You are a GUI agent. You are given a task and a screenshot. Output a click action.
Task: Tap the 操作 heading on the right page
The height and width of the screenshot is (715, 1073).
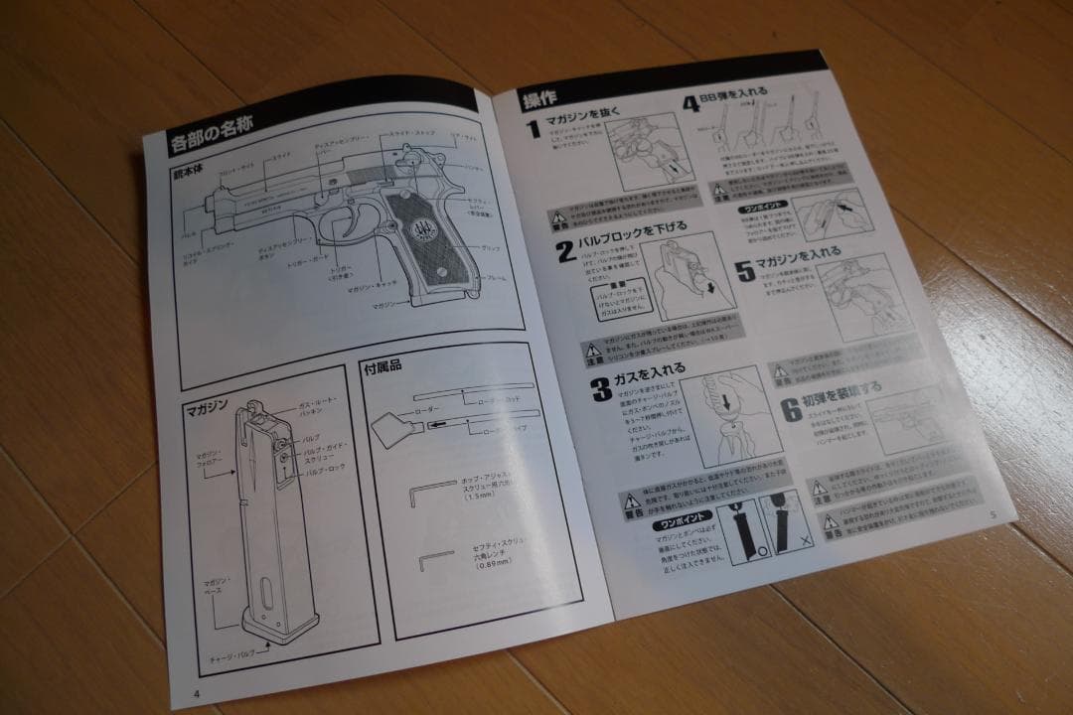tap(539, 99)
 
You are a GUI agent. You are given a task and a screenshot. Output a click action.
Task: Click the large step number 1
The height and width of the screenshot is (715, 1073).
tap(534, 130)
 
